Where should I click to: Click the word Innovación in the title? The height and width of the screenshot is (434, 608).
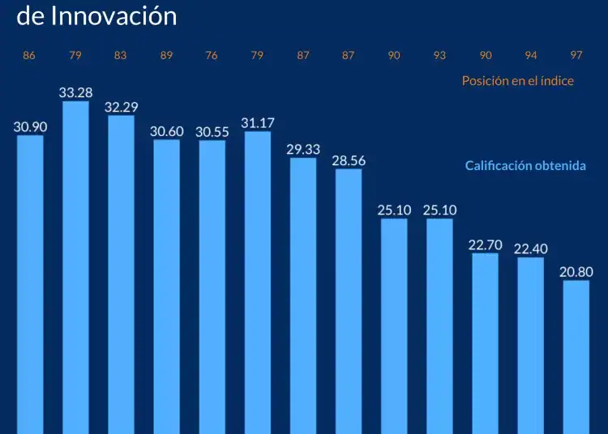[113, 15]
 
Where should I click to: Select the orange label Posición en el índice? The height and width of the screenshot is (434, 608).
[517, 81]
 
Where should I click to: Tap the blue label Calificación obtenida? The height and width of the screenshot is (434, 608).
[525, 165]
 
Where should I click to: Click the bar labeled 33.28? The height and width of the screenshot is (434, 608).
[75, 267]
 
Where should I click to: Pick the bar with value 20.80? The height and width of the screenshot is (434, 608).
[576, 356]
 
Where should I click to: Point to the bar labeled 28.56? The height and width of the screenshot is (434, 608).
[349, 300]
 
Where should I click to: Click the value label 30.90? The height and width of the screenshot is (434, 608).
[30, 126]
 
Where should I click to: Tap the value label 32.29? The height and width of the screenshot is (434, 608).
[121, 107]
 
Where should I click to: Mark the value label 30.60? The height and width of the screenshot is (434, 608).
[166, 131]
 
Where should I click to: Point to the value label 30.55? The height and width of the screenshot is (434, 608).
[212, 131]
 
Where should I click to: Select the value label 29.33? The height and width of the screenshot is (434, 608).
[303, 149]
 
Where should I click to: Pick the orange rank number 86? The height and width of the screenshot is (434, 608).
[29, 56]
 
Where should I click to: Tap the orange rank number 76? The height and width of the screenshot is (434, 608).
[212, 56]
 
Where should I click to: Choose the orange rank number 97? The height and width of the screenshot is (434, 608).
[576, 56]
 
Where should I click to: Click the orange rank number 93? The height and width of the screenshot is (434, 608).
[439, 56]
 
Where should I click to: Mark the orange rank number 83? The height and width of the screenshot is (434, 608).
[121, 56]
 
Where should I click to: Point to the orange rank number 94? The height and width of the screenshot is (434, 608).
[531, 56]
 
